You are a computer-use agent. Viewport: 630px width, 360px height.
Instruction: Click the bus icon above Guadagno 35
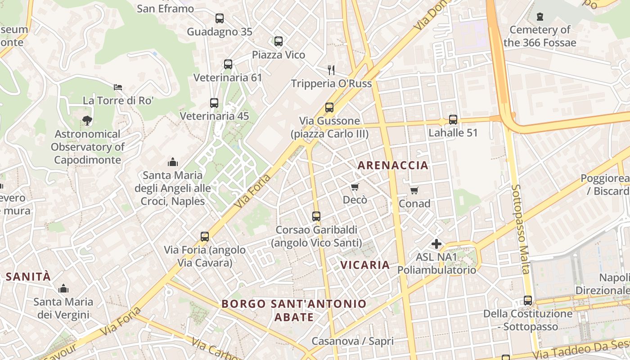coord(220,18)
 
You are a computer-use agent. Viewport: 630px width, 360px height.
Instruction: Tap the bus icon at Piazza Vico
coord(279,41)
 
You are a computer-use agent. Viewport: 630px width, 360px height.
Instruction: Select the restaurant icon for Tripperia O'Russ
coord(331,70)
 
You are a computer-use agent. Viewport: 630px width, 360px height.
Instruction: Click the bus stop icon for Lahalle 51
coord(453,120)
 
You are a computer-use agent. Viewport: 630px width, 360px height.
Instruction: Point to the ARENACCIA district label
coord(393,165)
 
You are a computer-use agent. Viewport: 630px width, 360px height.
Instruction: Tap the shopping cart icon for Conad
coord(414,190)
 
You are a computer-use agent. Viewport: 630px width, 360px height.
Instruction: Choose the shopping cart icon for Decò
coord(355,187)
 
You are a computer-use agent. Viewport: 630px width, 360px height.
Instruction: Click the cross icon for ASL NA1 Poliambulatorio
coord(436,244)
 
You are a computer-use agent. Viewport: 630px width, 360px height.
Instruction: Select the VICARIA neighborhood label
coord(365,265)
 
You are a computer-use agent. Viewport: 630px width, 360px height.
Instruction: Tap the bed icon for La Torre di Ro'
coord(118,87)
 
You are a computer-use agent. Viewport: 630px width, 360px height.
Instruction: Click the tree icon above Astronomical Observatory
coord(87,120)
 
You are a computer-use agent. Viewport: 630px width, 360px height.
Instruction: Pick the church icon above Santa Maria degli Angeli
coord(172,162)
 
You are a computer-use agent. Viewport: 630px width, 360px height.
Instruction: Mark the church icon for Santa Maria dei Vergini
coord(63,288)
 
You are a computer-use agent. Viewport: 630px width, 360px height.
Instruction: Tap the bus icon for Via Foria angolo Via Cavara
coord(205,236)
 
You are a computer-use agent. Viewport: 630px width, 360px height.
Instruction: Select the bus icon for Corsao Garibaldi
coord(316,216)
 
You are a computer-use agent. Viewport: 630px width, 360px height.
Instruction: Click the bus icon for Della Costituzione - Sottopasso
coord(528,300)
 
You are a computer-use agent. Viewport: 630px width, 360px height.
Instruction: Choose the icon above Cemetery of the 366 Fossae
coord(540,17)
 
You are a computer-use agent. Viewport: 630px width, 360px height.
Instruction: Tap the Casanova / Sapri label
coord(352,341)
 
